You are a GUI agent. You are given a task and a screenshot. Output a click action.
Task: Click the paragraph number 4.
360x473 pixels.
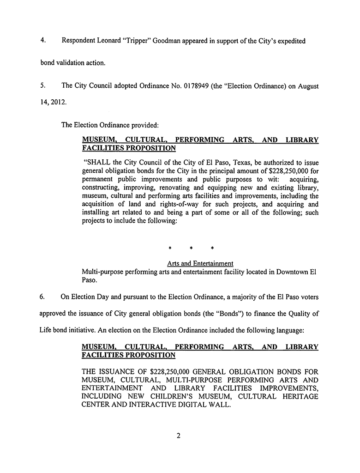click(42, 41)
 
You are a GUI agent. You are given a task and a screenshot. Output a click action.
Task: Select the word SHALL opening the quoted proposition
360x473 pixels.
click(96, 162)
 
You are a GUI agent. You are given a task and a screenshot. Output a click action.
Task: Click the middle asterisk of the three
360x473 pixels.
click(191, 249)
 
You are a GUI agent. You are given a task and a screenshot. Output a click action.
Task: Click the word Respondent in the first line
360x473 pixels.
click(79, 41)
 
